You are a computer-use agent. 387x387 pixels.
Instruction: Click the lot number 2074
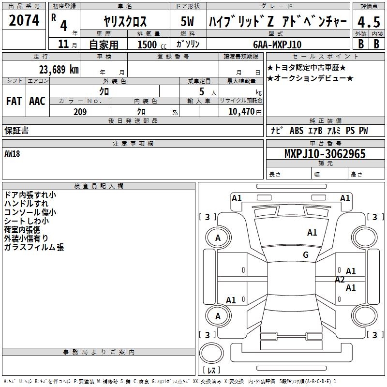click(25, 20)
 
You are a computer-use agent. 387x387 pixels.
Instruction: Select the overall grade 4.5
click(367, 22)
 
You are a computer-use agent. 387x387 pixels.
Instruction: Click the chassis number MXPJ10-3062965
click(325, 154)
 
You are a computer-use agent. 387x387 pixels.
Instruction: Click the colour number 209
click(80, 112)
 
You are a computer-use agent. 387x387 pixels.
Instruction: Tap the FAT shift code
click(14, 101)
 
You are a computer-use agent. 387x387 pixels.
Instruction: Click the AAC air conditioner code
click(37, 101)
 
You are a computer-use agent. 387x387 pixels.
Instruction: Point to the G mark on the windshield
click(305, 255)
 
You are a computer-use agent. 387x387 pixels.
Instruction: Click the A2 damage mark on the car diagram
click(340, 279)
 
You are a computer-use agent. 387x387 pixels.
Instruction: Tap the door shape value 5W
click(188, 22)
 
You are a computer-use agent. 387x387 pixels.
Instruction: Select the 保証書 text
click(16, 131)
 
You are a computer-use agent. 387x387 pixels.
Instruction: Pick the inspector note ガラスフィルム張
click(34, 247)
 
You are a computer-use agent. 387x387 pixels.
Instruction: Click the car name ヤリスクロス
click(125, 22)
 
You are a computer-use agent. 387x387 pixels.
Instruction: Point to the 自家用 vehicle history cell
click(104, 45)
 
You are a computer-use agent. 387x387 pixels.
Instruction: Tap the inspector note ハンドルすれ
click(26, 204)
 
